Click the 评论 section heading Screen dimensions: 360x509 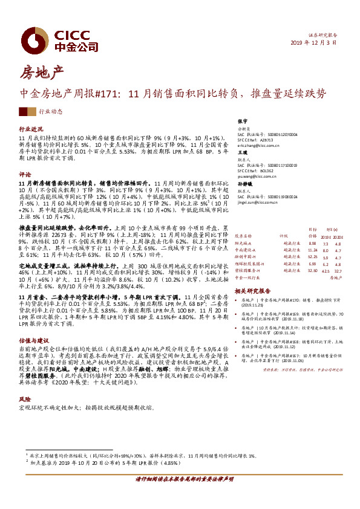click(25, 173)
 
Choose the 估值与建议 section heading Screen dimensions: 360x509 click(33, 357)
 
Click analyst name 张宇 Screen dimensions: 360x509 click(242, 122)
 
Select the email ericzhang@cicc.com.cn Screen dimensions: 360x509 click(260, 146)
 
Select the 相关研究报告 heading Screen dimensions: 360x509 click(252, 291)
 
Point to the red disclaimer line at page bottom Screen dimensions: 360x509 click(180, 494)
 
